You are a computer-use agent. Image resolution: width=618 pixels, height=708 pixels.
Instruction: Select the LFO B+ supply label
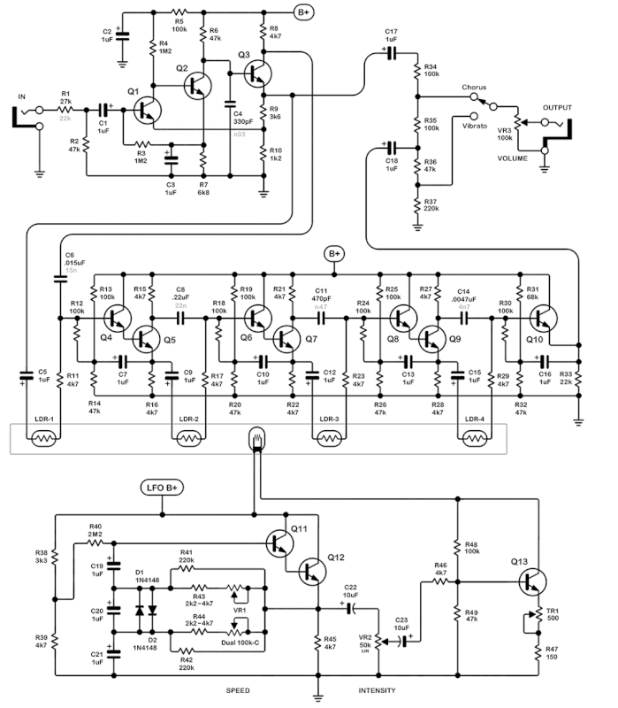coord(161,488)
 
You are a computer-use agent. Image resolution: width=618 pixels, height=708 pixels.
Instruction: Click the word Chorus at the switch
coord(474,88)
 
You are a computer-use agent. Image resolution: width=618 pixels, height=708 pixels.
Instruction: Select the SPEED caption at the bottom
coord(237,689)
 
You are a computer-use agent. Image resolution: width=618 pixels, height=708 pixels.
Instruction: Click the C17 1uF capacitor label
coord(391,36)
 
